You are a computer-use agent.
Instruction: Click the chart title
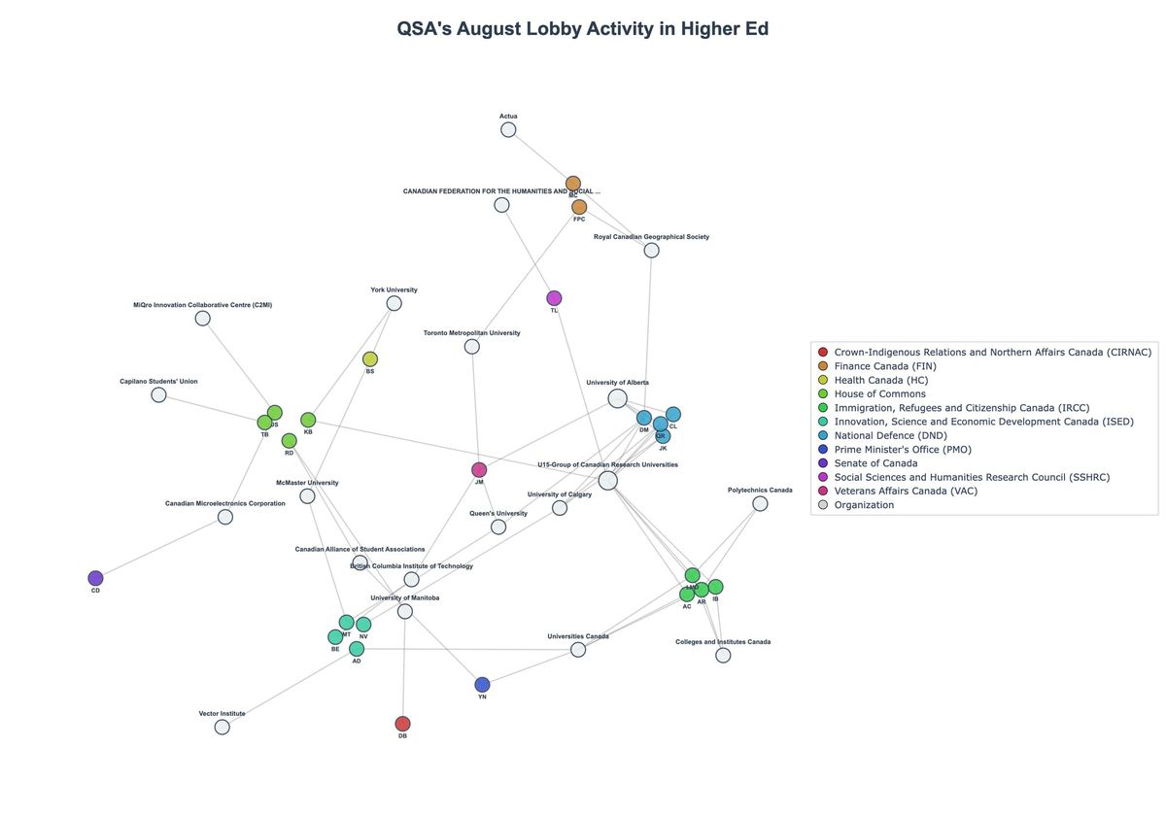pyautogui.click(x=583, y=29)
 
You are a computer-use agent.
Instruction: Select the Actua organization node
pyautogui.click(x=508, y=130)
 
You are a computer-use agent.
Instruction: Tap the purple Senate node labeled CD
pyautogui.click(x=95, y=579)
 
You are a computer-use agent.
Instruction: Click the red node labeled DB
pyautogui.click(x=403, y=724)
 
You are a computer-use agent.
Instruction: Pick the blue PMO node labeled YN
pyautogui.click(x=483, y=685)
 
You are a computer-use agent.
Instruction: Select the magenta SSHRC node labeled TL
pyautogui.click(x=554, y=298)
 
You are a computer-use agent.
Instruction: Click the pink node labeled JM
pyautogui.click(x=479, y=470)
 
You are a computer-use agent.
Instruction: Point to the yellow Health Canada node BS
pyautogui.click(x=370, y=359)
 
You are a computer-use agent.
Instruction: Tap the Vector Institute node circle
pyautogui.click(x=223, y=727)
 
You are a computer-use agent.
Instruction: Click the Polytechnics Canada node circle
pyautogui.click(x=760, y=503)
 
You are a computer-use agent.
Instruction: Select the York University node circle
pyautogui.click(x=394, y=303)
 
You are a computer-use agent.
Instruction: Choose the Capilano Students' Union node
pyautogui.click(x=158, y=395)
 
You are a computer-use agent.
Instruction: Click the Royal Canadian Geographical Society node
pyautogui.click(x=652, y=251)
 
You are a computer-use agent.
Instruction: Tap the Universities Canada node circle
pyautogui.click(x=578, y=650)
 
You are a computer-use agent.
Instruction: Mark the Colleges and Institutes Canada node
pyautogui.click(x=723, y=656)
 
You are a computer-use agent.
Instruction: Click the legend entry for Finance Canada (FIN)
pyautogui.click(x=884, y=366)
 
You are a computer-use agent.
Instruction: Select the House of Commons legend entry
pyautogui.click(x=879, y=393)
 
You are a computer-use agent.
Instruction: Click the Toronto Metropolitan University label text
pyautogui.click(x=472, y=333)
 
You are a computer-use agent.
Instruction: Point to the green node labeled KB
pyautogui.click(x=308, y=421)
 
